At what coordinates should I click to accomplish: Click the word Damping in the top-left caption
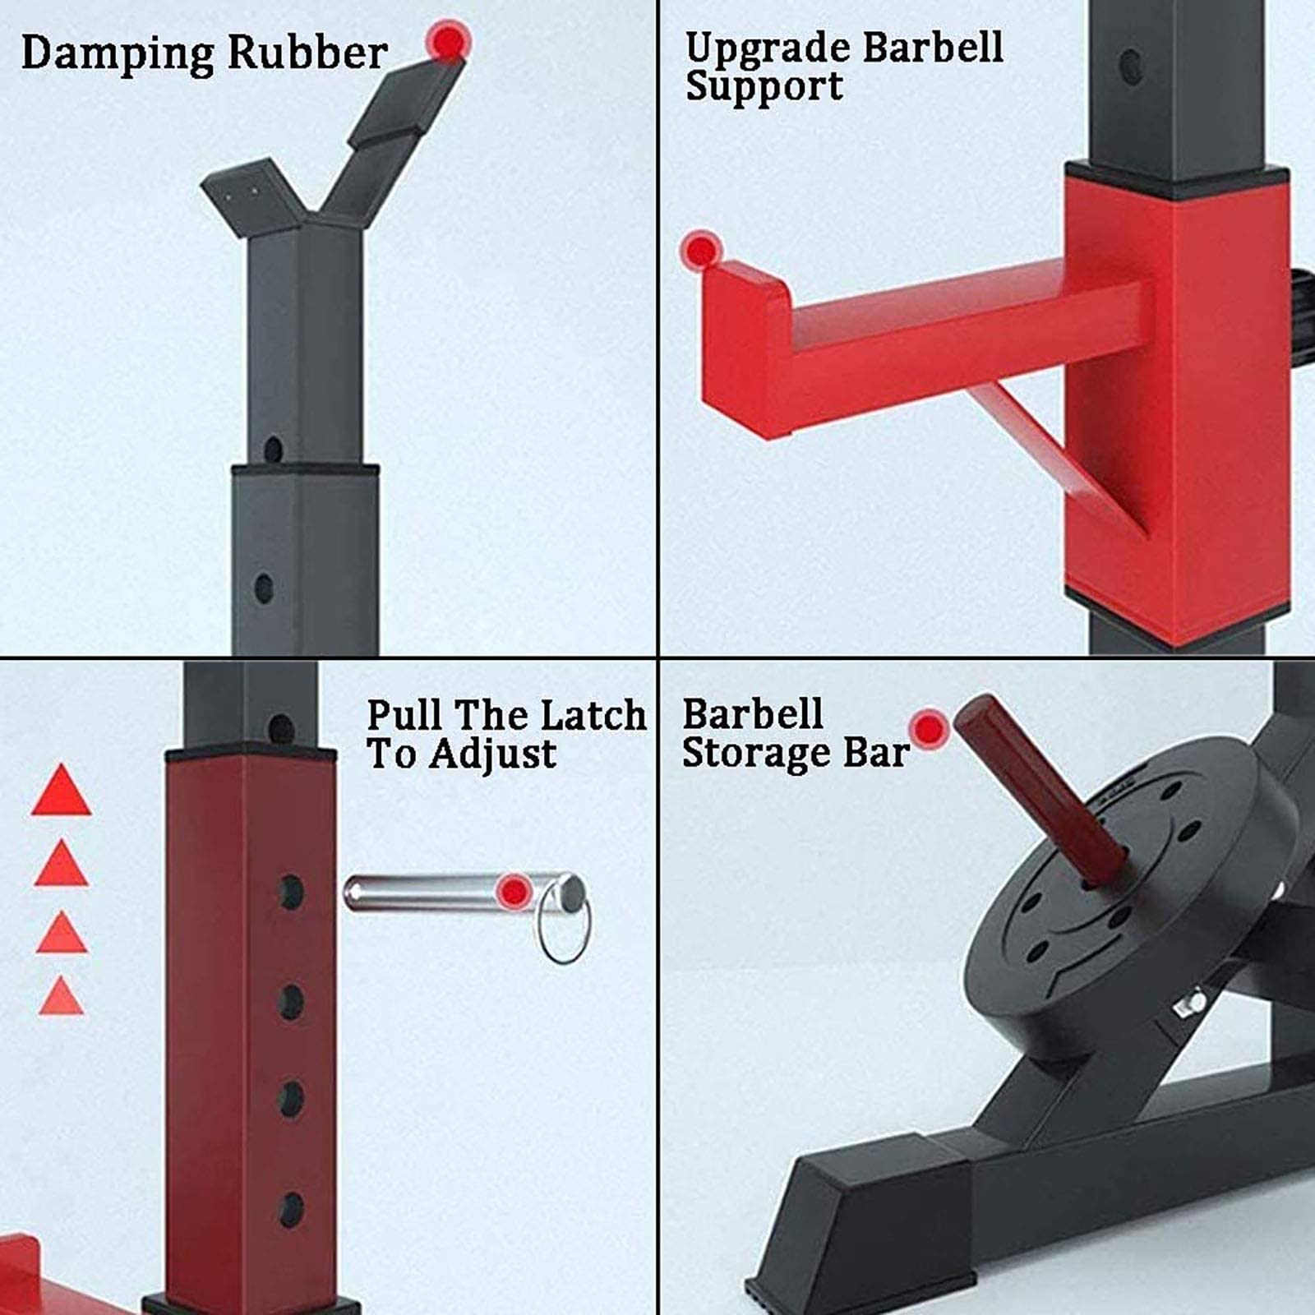pos(118,53)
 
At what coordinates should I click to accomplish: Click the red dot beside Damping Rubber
pos(448,40)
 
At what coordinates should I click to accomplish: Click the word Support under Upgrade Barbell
pos(764,86)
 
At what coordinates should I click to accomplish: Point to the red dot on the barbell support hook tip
pos(701,250)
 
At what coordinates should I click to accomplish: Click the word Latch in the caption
pos(593,714)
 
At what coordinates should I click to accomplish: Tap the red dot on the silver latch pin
pos(515,892)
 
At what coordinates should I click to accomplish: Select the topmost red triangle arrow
pos(62,790)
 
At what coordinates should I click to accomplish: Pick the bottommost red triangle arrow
pos(62,995)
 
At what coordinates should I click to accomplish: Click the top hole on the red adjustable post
pos(290,893)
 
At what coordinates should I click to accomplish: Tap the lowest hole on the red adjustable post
pos(290,1209)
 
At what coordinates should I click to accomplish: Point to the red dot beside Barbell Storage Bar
pos(930,729)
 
